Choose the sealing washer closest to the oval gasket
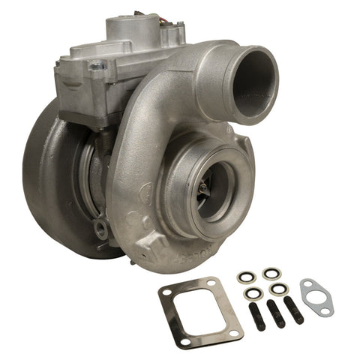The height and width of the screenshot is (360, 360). [279, 288]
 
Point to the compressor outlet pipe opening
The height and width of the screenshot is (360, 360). [253, 75]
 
